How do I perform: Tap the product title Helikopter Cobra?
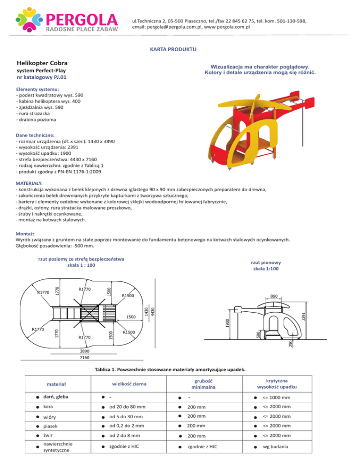42,63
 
